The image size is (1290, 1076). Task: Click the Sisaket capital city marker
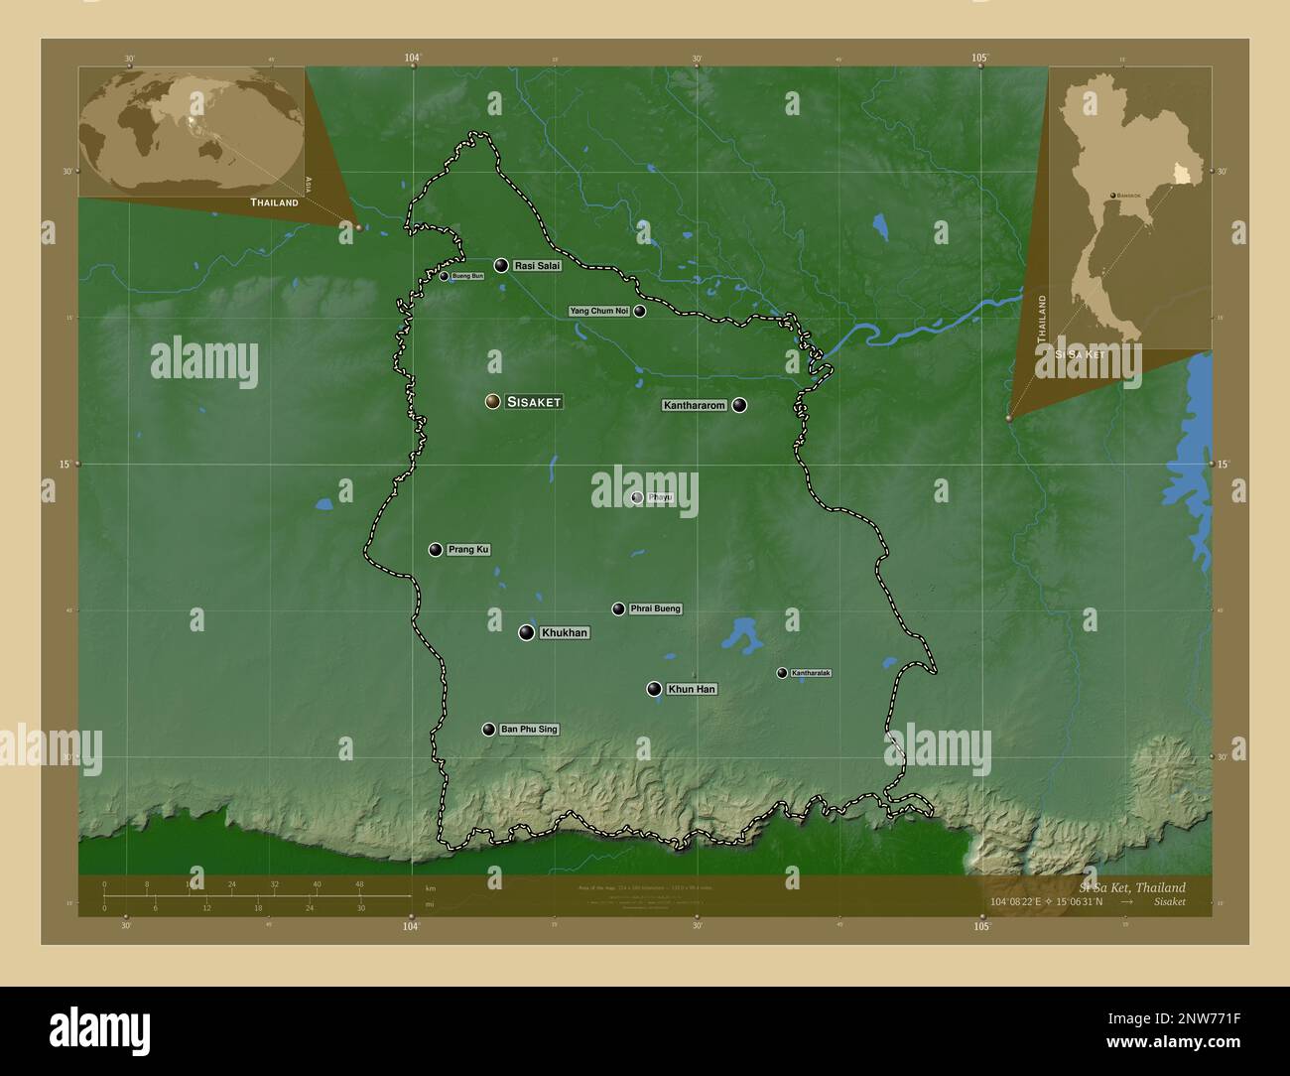492,401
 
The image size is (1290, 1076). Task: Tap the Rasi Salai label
537,266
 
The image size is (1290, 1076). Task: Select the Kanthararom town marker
739,405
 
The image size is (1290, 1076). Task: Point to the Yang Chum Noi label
599,311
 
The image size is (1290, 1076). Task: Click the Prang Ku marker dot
436,550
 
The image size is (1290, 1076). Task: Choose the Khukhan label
564,632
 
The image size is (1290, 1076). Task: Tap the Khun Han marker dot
654,689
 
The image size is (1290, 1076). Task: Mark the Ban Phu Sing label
529,730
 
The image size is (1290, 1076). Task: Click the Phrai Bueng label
655,608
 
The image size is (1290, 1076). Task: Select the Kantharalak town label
811,673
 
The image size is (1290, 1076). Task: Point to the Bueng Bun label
466,276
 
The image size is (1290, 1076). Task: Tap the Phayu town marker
637,498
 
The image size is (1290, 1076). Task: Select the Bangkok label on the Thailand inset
1127,197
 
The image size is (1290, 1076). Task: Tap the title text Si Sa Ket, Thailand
1131,887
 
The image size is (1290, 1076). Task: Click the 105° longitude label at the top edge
980,58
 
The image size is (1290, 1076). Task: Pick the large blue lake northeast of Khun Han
740,635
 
